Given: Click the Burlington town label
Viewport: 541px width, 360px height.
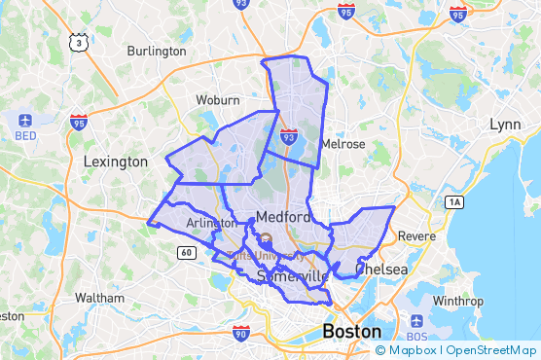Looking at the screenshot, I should [x=156, y=51].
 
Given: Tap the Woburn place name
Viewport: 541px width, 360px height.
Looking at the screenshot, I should [x=217, y=100].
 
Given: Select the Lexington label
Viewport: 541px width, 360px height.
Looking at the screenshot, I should [x=116, y=162].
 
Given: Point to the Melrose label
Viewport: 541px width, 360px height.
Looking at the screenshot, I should [x=343, y=144].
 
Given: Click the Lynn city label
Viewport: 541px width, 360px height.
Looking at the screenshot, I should [x=505, y=125].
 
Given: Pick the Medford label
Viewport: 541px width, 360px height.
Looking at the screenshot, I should [x=283, y=216].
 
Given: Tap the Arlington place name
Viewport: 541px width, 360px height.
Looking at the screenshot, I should [x=211, y=224].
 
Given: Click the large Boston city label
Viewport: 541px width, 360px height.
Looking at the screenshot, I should [x=352, y=331].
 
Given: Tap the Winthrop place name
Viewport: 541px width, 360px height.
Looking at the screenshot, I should [x=456, y=301].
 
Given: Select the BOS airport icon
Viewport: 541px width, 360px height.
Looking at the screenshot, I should [x=418, y=321].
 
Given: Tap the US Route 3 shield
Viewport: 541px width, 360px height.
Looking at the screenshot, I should [x=77, y=42].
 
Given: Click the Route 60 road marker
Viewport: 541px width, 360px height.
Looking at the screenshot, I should [x=185, y=253].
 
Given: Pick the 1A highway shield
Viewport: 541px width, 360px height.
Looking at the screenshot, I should [x=454, y=201].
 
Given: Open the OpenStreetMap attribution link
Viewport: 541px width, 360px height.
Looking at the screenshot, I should [x=493, y=350].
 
